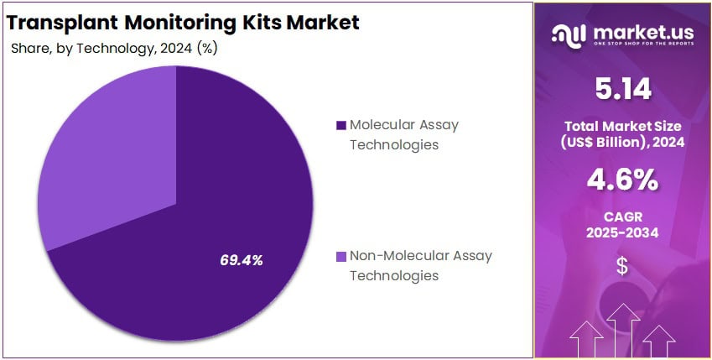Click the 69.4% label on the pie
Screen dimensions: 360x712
(242, 260)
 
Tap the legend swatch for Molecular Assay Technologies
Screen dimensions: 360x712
(340, 126)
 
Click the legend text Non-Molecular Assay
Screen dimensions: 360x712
(420, 256)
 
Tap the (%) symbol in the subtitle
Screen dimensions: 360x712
(206, 49)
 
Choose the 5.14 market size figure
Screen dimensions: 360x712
(621, 87)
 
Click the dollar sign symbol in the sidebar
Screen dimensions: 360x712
(621, 267)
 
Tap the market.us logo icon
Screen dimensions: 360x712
(567, 34)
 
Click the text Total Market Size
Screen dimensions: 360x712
(621, 126)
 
